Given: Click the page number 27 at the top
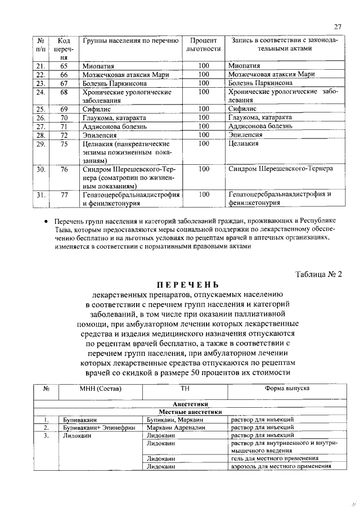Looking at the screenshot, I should coord(337,26).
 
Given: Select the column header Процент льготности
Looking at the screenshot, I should coord(204,45).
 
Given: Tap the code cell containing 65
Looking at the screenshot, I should coord(64,66).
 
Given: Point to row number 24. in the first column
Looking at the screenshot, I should coord(40,92).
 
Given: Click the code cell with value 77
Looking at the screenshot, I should coord(64,195).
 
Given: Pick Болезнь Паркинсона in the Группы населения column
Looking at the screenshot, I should coord(115,83).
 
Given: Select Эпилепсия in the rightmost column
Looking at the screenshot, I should coord(246,135).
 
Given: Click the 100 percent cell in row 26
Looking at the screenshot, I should coord(204,118).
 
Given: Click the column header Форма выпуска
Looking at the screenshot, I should coord(286,388).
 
